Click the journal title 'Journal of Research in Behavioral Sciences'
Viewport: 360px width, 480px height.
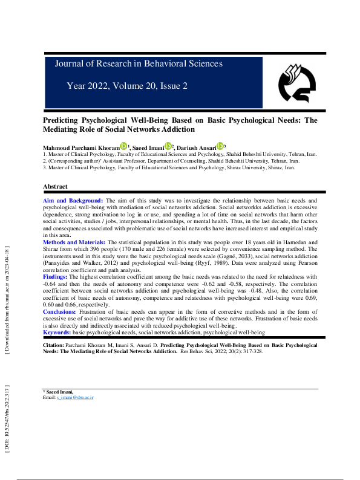point(139,63)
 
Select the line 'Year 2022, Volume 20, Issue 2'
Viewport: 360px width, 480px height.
point(127,86)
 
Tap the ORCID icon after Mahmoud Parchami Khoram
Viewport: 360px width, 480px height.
point(123,146)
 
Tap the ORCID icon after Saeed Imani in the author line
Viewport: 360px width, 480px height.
point(168,146)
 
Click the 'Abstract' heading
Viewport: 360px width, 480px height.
point(55,187)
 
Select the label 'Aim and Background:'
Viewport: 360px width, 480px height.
point(73,199)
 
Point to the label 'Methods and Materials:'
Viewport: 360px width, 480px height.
point(74,241)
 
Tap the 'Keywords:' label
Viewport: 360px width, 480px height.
point(57,332)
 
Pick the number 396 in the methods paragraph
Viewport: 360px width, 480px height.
point(150,247)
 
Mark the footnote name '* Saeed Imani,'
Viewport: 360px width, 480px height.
point(57,392)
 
